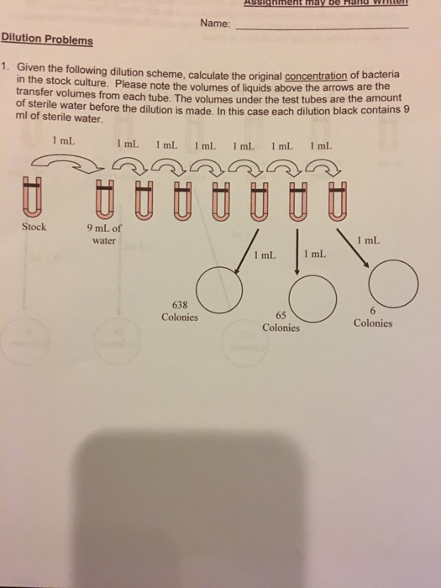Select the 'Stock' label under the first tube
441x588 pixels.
(34, 227)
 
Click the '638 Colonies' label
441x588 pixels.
(180, 312)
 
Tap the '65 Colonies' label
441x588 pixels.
(281, 320)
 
